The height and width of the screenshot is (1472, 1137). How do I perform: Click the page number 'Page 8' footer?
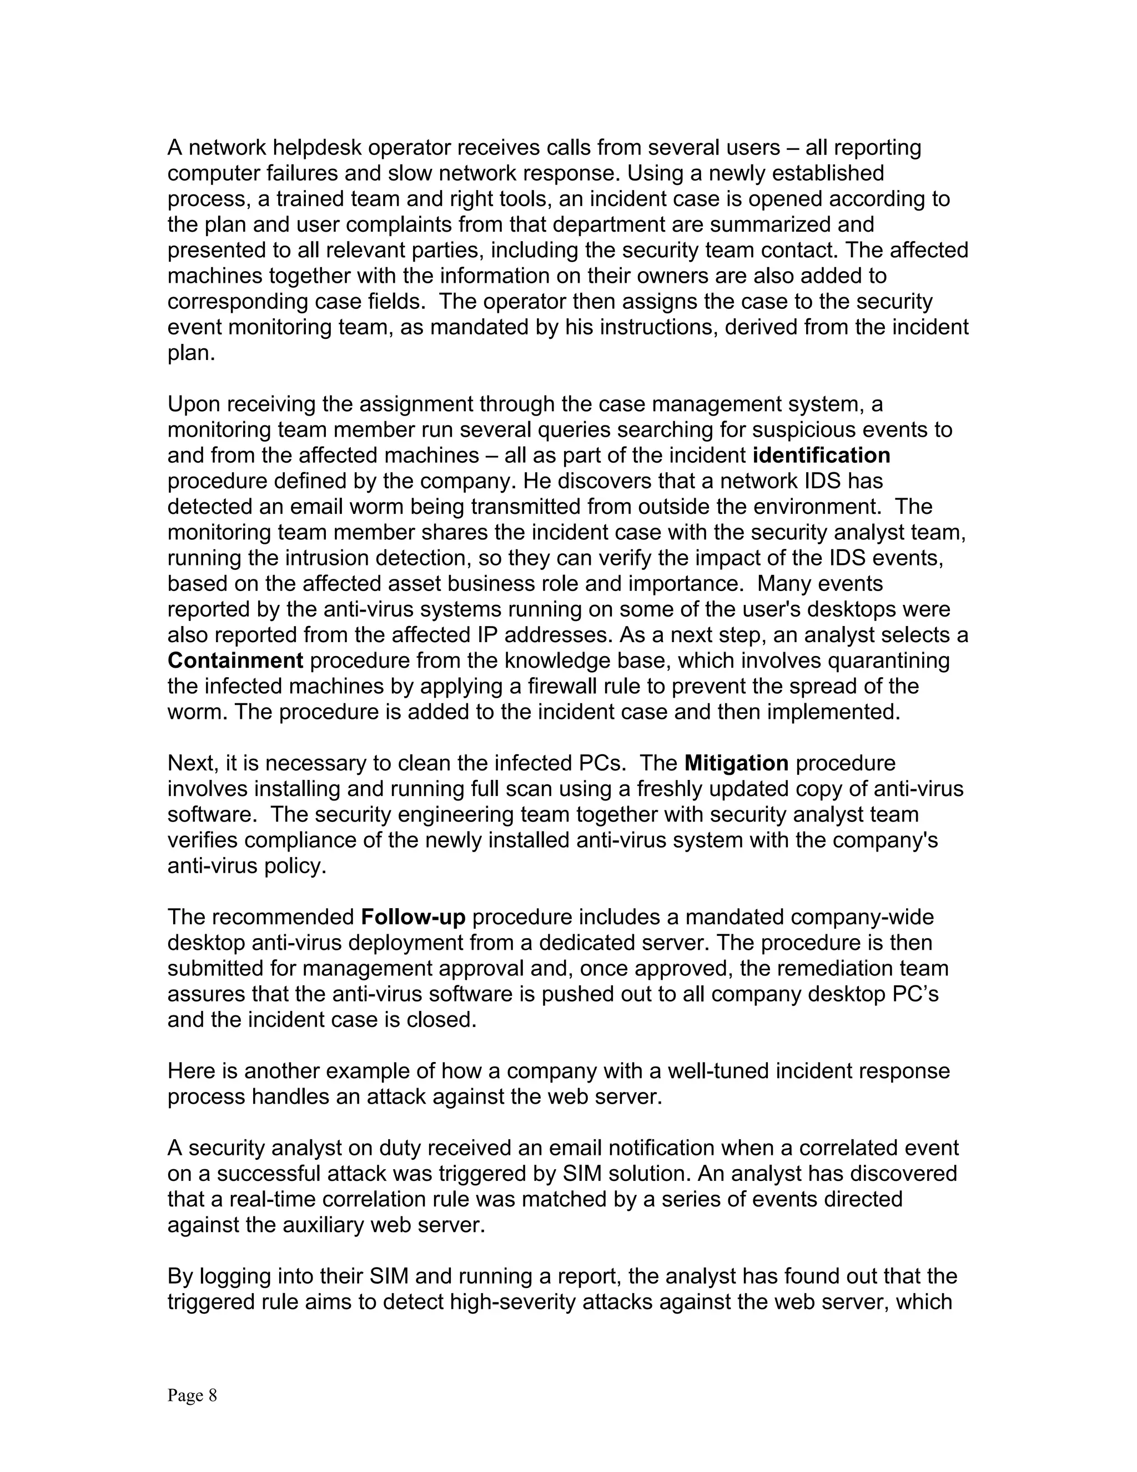pyautogui.click(x=192, y=1395)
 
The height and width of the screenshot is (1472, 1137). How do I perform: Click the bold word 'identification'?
pyautogui.click(x=821, y=455)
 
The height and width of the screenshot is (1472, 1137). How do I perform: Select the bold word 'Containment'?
pyautogui.click(x=235, y=660)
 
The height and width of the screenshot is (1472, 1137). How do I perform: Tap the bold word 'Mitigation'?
pyautogui.click(x=736, y=763)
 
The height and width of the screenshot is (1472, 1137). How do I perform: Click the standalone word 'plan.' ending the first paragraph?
pyautogui.click(x=190, y=353)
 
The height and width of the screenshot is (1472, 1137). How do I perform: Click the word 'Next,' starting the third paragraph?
pyautogui.click(x=192, y=763)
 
